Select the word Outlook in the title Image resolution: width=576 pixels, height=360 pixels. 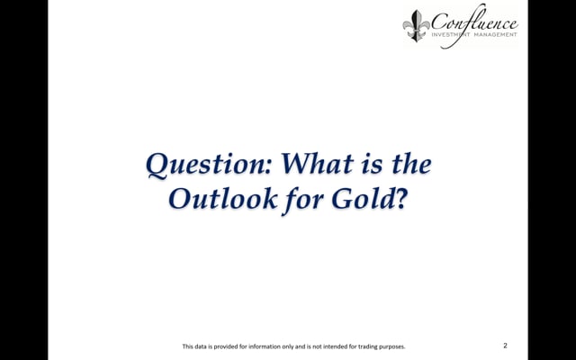223,198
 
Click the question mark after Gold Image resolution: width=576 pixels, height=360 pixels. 400,199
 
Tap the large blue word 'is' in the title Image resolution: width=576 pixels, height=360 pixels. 372,165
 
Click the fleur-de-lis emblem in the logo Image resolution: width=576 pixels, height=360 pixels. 416,26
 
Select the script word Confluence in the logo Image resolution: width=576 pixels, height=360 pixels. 474,22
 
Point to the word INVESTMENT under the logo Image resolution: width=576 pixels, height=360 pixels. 450,34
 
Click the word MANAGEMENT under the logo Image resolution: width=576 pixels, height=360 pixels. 495,34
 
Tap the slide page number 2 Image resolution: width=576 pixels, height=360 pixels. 505,346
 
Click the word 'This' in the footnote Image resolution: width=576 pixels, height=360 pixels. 188,346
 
